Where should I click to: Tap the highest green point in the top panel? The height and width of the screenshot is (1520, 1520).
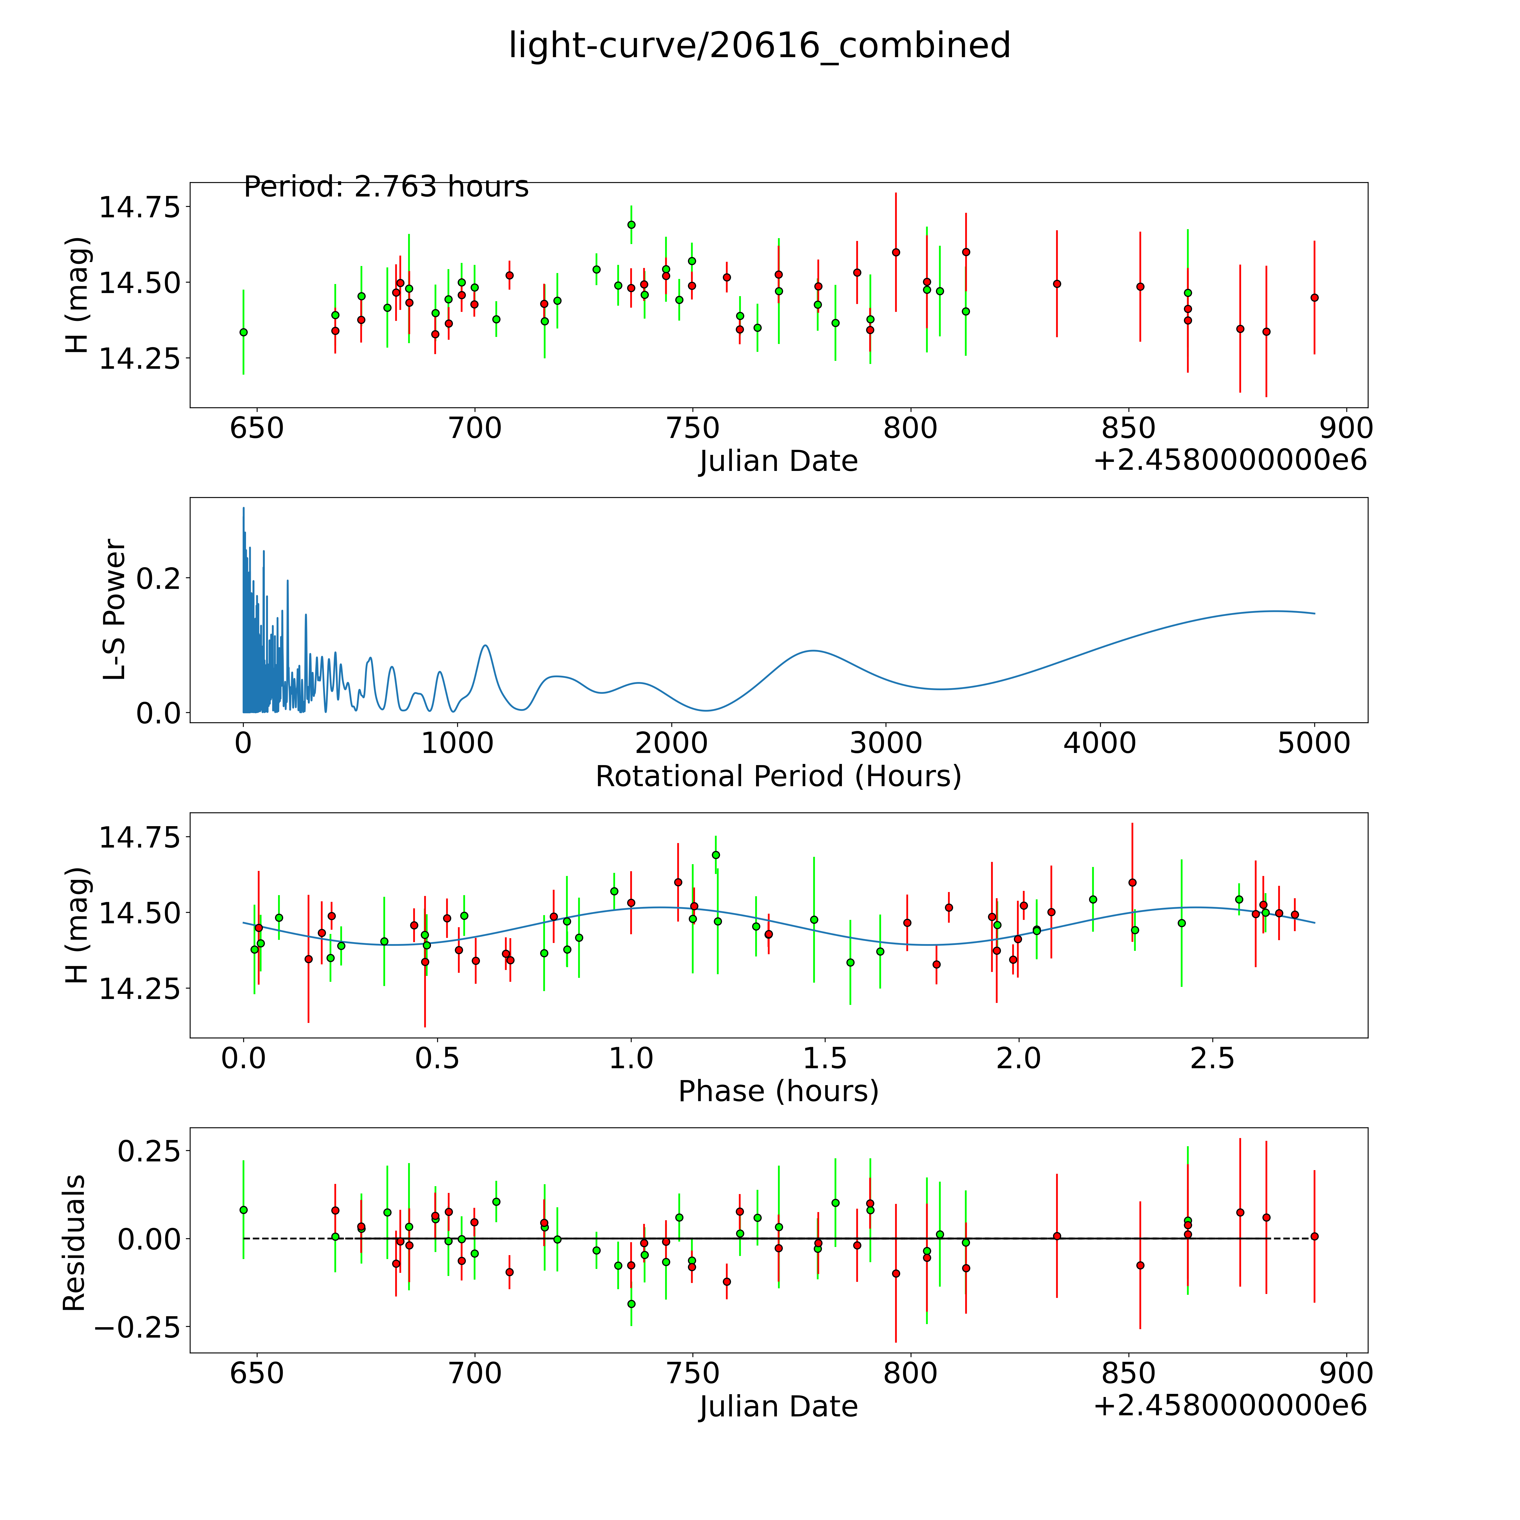[631, 224]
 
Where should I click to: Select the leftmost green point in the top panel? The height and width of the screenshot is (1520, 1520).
[243, 332]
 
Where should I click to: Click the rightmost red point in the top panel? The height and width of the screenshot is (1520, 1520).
[1314, 298]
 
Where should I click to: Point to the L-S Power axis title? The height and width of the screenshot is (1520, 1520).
[115, 610]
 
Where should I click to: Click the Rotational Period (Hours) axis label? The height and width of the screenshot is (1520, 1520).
[778, 777]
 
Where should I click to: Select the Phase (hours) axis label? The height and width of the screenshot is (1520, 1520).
[778, 1091]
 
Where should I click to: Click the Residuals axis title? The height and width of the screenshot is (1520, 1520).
[74, 1243]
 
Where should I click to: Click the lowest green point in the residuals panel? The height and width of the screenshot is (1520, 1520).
[631, 1304]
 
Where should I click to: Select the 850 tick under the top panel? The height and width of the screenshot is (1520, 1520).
[1128, 429]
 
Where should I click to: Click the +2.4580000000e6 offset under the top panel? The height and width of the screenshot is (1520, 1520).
[1230, 460]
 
